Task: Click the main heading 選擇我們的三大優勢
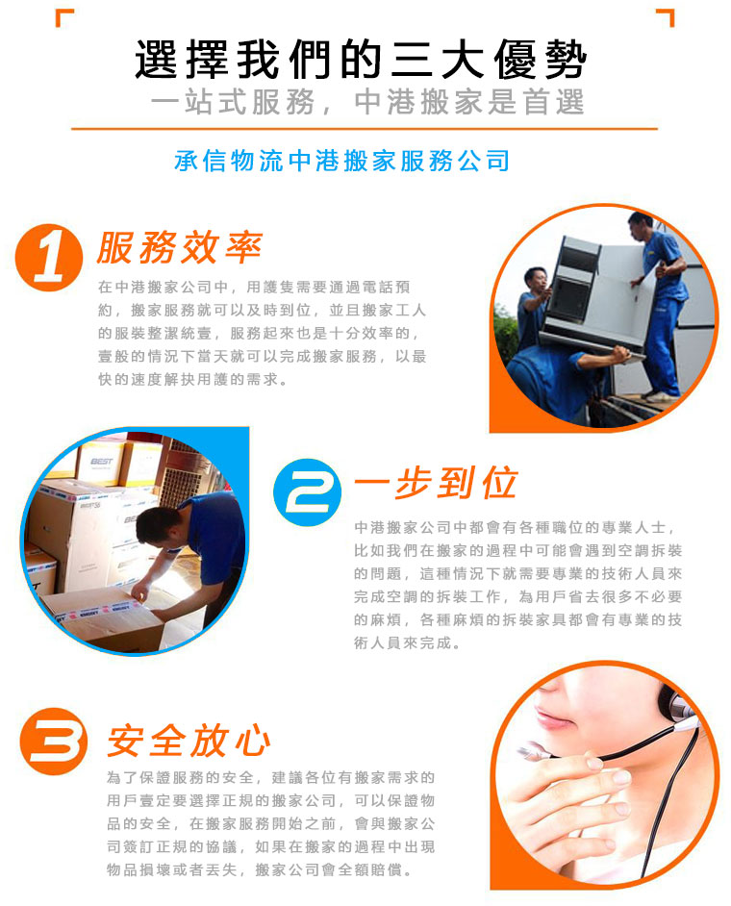pyautogui.click(x=361, y=59)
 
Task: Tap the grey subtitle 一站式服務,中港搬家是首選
pyautogui.click(x=367, y=102)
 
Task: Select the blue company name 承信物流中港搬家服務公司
pyautogui.click(x=342, y=161)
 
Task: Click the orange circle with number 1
pyautogui.click(x=48, y=258)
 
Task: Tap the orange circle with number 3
pyautogui.click(x=54, y=742)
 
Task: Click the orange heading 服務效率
pyautogui.click(x=180, y=248)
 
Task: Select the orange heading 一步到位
pyautogui.click(x=436, y=483)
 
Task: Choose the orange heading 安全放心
pyautogui.click(x=189, y=741)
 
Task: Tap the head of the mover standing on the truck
pyautogui.click(x=641, y=225)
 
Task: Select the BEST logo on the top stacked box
pyautogui.click(x=102, y=461)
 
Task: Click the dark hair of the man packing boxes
pyautogui.click(x=160, y=523)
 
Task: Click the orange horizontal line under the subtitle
pyautogui.click(x=365, y=128)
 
